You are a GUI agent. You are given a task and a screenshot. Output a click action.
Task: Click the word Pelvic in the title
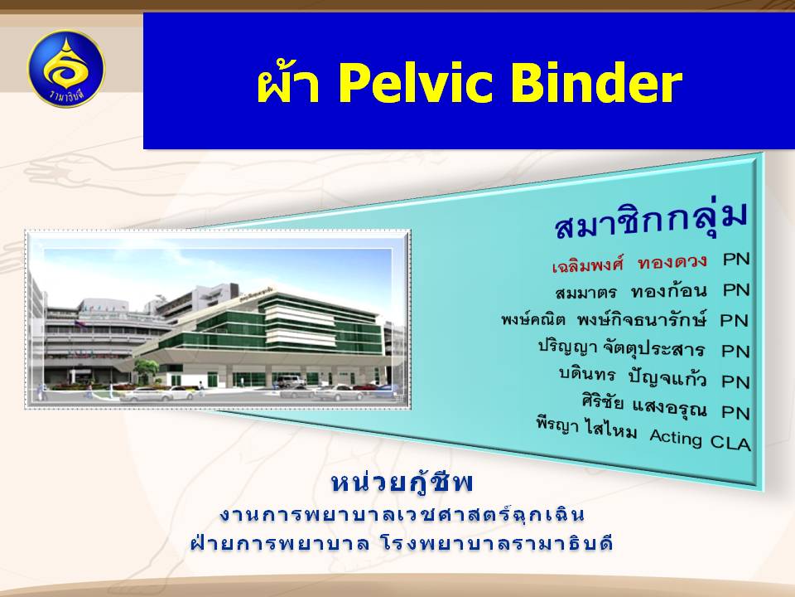tap(417, 85)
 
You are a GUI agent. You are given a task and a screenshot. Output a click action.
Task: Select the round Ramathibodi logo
tap(66, 69)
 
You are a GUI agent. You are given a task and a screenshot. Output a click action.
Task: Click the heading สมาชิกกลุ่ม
tap(651, 220)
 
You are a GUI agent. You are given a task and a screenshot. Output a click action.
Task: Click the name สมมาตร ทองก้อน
tap(631, 292)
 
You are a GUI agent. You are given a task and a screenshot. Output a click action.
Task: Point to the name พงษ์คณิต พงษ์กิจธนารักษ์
tap(604, 320)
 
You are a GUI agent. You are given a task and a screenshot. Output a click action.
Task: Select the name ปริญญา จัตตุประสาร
tap(622, 349)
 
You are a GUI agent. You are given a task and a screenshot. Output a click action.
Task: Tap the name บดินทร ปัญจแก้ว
tap(633, 378)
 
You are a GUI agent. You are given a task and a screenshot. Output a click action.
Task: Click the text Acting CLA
tap(700, 439)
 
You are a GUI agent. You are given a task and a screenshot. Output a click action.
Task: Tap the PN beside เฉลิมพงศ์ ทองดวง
tap(736, 260)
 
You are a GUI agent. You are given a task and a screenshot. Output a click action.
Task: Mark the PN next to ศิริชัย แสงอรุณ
tap(735, 412)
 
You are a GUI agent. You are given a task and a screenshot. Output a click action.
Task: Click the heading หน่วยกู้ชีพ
tap(402, 483)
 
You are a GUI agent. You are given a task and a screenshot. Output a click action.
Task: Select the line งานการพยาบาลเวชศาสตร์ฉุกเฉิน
tap(402, 515)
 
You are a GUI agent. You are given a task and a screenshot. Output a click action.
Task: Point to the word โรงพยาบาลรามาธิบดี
tap(496, 544)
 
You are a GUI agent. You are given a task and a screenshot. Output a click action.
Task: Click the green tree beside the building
tap(147, 368)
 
